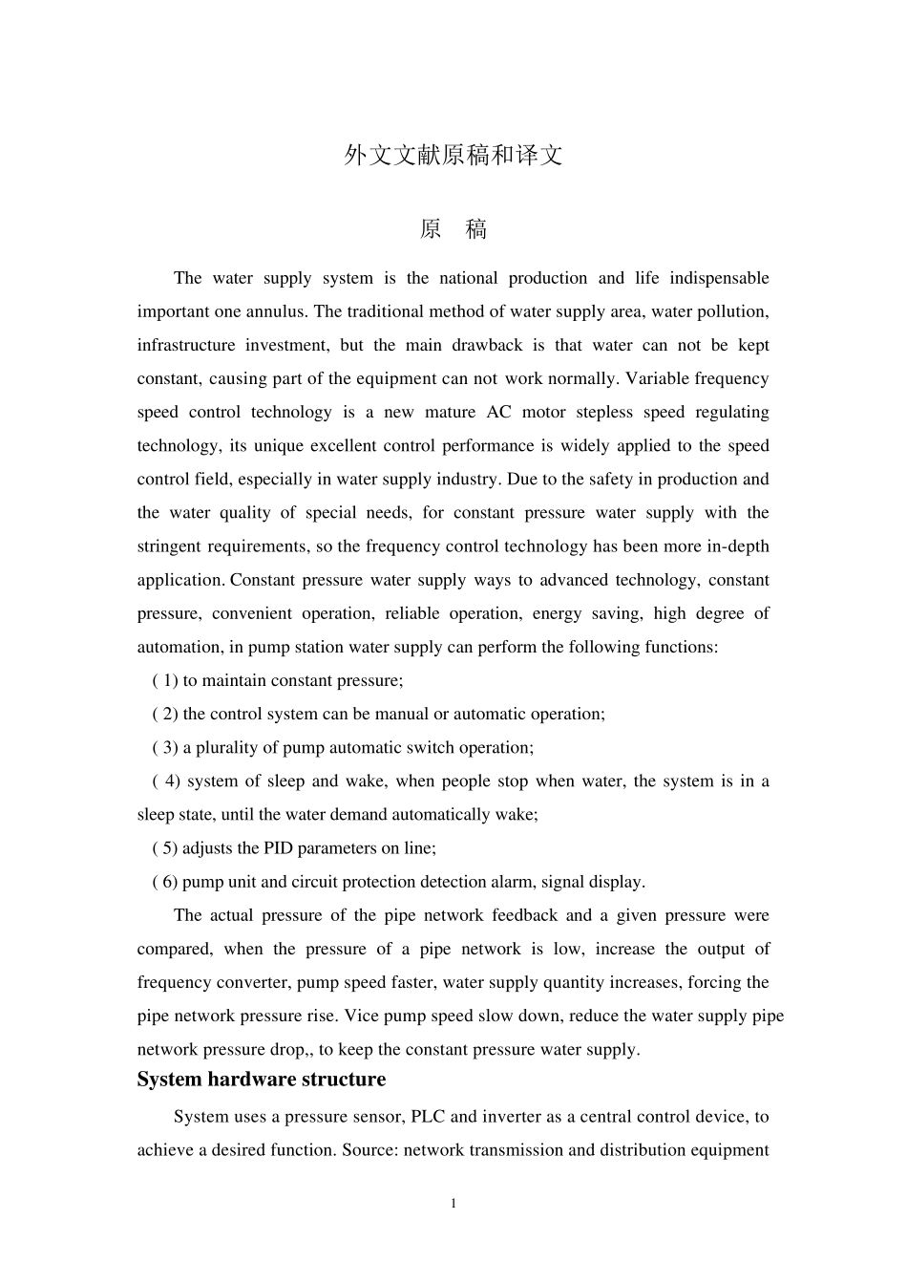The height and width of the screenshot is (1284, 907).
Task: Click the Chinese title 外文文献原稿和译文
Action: (x=453, y=156)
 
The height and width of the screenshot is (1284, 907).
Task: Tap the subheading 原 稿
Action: (x=453, y=229)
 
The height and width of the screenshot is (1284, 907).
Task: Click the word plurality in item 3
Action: (x=227, y=747)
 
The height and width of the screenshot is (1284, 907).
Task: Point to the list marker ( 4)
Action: (x=166, y=781)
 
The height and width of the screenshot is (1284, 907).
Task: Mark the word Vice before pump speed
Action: (x=359, y=1016)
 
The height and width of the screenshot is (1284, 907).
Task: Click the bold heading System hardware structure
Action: (x=261, y=1080)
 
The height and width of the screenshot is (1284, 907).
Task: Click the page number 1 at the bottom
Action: (x=453, y=1203)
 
